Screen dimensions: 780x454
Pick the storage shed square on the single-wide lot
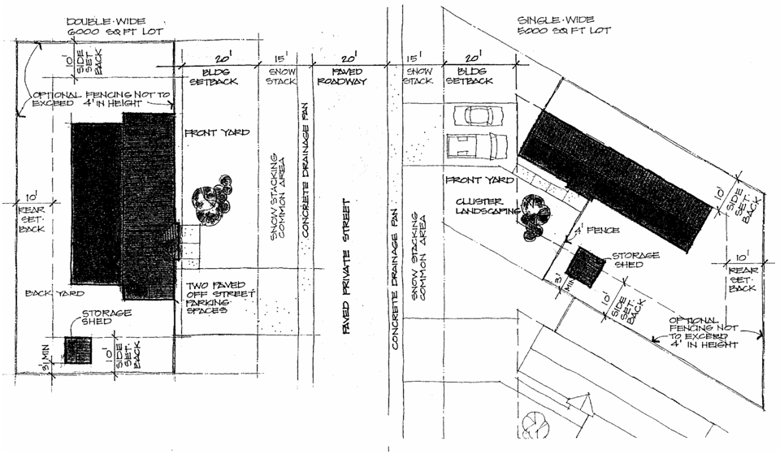coord(586,266)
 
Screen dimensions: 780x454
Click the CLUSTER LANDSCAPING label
coord(479,206)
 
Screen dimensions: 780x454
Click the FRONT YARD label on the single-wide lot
coord(477,179)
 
